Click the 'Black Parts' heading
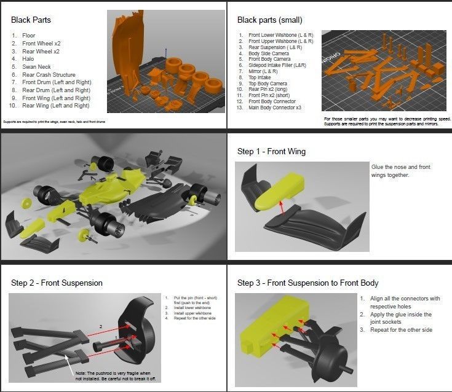click(x=31, y=20)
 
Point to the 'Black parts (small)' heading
click(x=269, y=20)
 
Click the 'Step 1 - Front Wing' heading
click(x=271, y=152)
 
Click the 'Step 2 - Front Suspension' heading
click(x=57, y=283)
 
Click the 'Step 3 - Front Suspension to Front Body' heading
click(x=307, y=283)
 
